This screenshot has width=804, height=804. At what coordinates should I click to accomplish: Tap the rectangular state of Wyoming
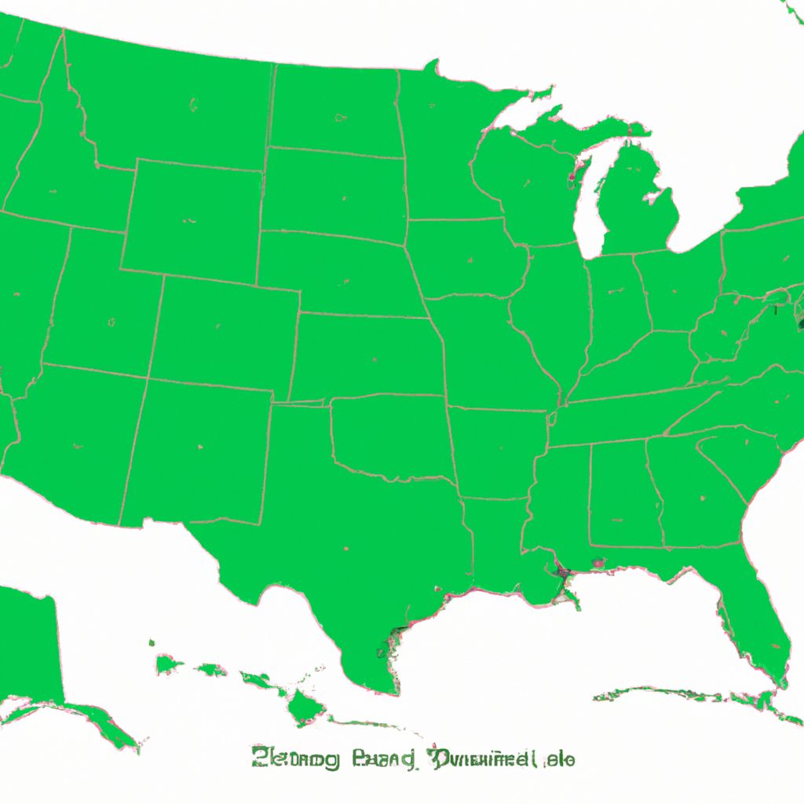tap(192, 216)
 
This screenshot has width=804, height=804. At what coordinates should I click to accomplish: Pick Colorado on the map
tap(224, 330)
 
